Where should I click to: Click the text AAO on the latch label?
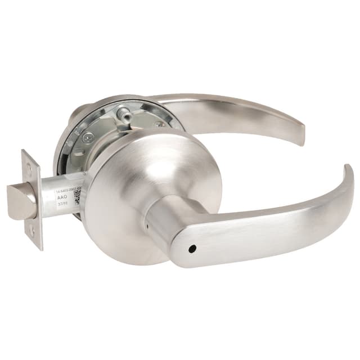click(x=62, y=198)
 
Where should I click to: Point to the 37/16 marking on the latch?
click(x=64, y=206)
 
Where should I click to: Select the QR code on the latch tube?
click(x=77, y=195)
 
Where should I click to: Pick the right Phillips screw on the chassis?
click(x=161, y=123)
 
